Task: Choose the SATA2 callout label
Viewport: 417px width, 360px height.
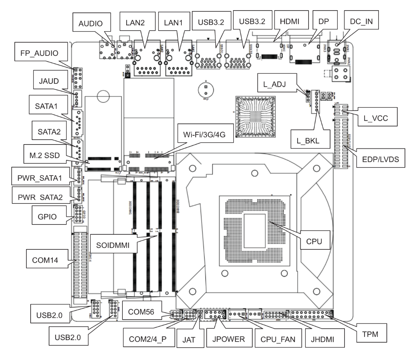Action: click(x=49, y=131)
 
